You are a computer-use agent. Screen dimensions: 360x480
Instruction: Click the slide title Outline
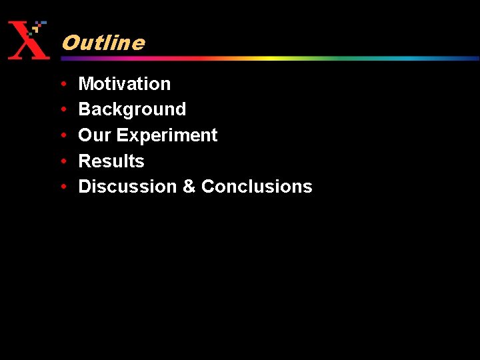pyautogui.click(x=103, y=43)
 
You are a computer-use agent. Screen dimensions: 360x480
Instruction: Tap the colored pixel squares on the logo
pyautogui.click(x=39, y=27)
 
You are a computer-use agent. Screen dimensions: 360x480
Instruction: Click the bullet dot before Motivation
pyautogui.click(x=62, y=84)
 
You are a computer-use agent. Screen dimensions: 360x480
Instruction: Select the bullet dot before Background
pyautogui.click(x=62, y=110)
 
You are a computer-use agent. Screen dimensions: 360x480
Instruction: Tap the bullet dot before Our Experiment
pyautogui.click(x=62, y=135)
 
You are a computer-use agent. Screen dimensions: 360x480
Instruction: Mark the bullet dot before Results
pyautogui.click(x=62, y=161)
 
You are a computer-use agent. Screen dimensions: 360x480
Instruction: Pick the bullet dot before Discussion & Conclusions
pyautogui.click(x=62, y=187)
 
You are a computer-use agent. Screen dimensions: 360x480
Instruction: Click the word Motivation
pyautogui.click(x=125, y=84)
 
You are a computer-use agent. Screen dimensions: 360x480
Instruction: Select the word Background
pyautogui.click(x=132, y=109)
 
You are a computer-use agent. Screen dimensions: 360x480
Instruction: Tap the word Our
pyautogui.click(x=95, y=135)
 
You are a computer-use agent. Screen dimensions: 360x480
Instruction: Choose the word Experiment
pyautogui.click(x=167, y=136)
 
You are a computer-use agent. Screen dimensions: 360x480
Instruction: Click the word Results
pyautogui.click(x=111, y=161)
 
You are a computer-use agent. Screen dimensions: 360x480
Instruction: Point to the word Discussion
pyautogui.click(x=127, y=187)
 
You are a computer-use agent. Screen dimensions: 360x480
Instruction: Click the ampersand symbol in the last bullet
pyautogui.click(x=189, y=187)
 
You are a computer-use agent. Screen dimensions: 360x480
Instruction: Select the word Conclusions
pyautogui.click(x=257, y=187)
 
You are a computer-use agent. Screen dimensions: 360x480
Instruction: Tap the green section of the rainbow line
pyautogui.click(x=333, y=58)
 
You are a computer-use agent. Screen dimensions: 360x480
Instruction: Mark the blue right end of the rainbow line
pyautogui.click(x=460, y=58)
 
